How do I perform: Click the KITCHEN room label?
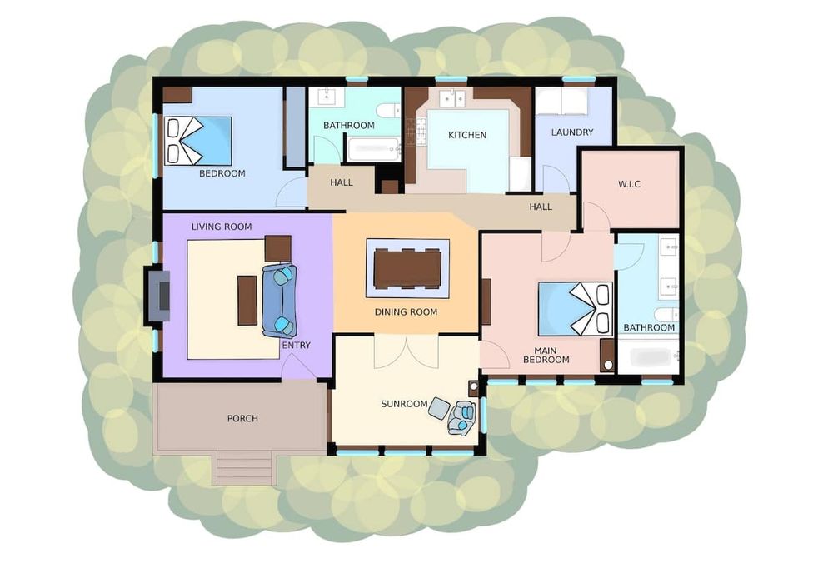coord(467,135)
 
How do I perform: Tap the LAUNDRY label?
coord(572,132)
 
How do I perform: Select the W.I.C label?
coord(629,184)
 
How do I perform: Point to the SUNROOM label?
coord(404,404)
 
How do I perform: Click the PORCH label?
coord(242,418)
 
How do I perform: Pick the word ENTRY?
coord(296,345)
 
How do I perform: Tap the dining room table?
coord(408,269)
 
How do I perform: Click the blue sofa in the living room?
coord(279,300)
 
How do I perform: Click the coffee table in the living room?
coord(247,300)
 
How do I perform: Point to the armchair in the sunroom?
coord(462,417)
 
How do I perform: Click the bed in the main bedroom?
coord(576,309)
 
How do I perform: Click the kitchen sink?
coord(453,97)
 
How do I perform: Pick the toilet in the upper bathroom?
coord(387,111)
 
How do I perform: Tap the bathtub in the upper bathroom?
coord(373,149)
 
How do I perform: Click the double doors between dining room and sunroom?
coord(407,351)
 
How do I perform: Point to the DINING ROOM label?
coord(406,312)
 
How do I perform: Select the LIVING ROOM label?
coord(222,227)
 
